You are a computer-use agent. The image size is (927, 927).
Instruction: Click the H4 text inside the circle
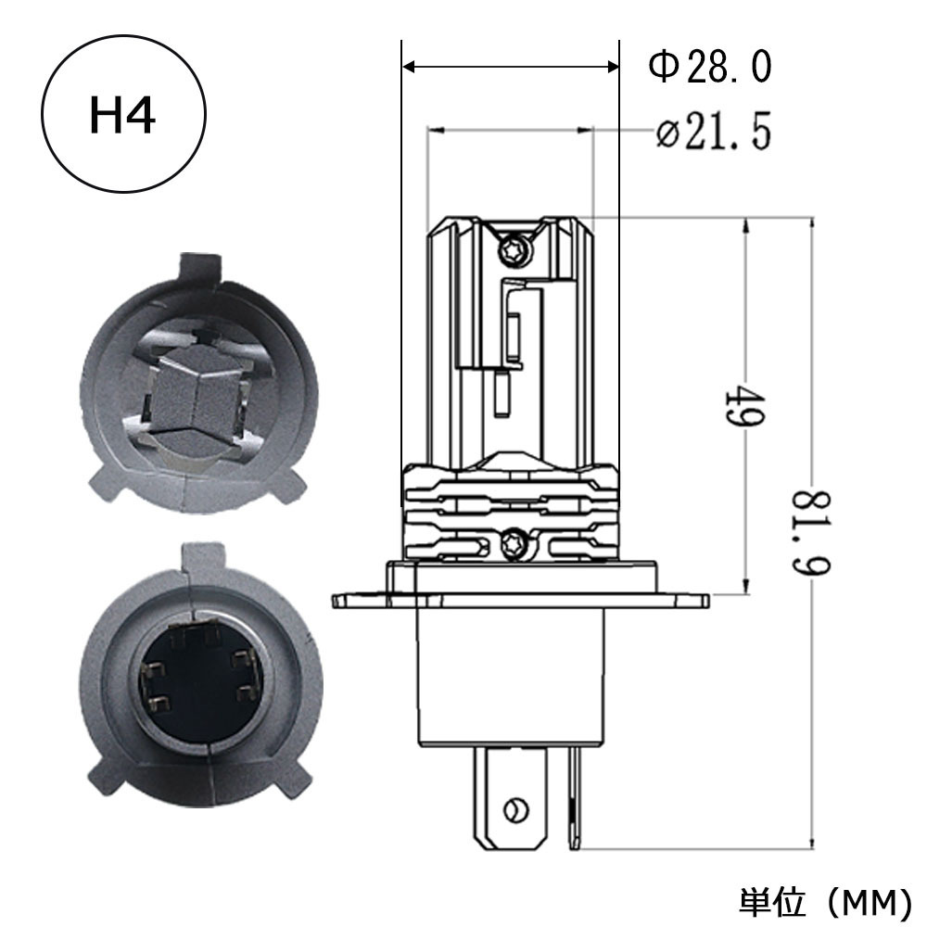[122, 115]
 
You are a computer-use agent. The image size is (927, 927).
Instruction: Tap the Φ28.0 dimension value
[710, 66]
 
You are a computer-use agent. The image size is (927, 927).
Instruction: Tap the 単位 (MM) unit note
[825, 901]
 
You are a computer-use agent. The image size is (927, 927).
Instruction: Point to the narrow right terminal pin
[574, 797]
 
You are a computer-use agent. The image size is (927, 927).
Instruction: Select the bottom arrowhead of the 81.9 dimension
[812, 842]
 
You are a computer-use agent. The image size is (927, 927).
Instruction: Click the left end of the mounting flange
[334, 601]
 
